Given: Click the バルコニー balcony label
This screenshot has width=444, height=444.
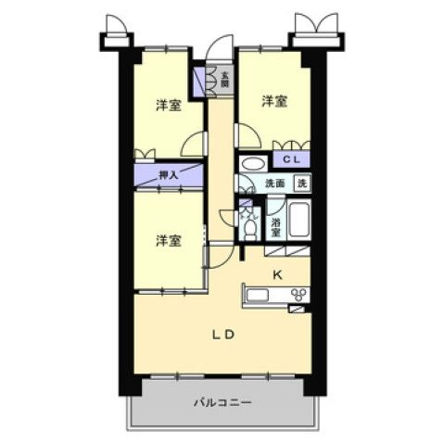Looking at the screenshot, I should click(222, 403).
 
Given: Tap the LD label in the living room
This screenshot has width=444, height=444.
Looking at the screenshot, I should click(222, 336).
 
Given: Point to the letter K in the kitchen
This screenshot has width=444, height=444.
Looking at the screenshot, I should click(275, 274).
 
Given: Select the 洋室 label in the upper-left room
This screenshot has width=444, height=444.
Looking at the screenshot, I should click(167, 106).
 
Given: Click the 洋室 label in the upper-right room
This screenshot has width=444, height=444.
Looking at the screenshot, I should click(273, 101).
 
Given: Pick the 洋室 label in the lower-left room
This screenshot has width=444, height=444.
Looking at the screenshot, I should click(167, 240).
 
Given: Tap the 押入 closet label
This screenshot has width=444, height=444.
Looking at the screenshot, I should click(168, 173).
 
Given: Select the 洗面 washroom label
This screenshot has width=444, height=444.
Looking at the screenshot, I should click(275, 184).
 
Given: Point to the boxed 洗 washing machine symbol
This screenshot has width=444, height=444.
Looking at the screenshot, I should click(301, 184).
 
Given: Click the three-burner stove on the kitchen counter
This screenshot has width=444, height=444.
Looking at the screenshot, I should click(299, 296).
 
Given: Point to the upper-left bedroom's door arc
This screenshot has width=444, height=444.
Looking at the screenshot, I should click(195, 143).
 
